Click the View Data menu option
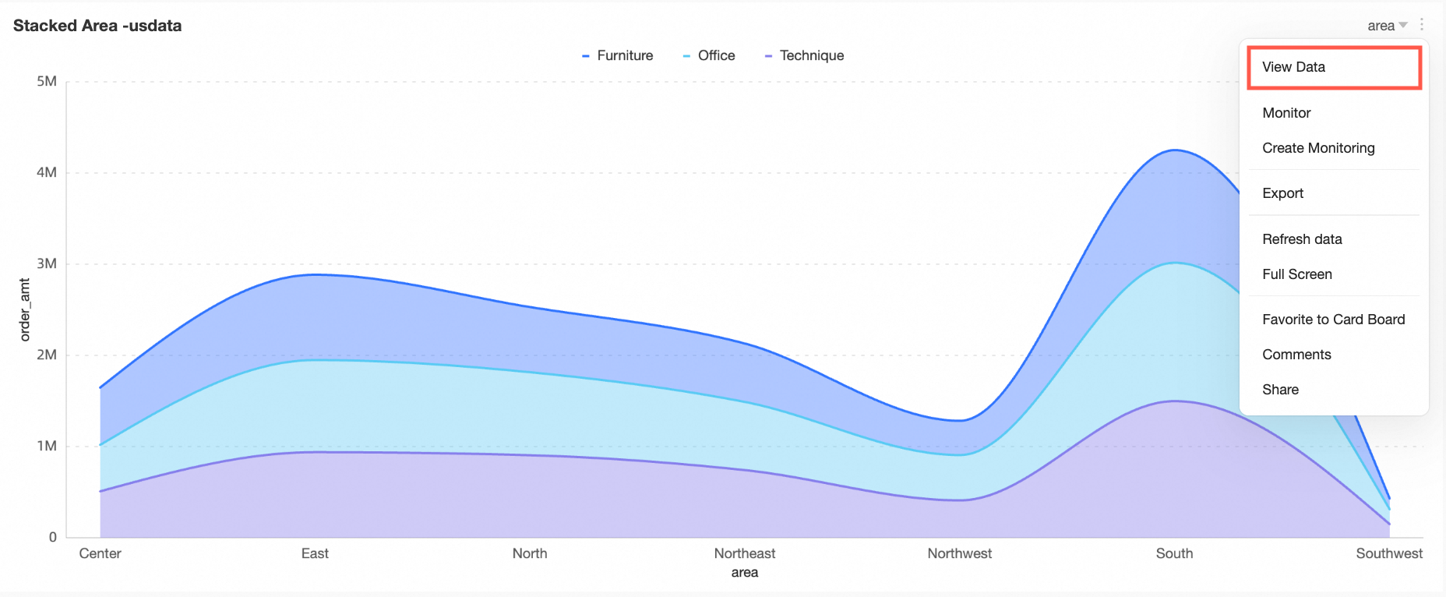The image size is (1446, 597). [x=1293, y=67]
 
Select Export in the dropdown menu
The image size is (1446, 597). [x=1282, y=193]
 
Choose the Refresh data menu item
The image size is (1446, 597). [x=1302, y=239]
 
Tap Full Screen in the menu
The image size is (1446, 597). [x=1296, y=274]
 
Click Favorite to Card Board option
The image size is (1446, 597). [x=1333, y=320]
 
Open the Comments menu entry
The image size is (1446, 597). [x=1296, y=355]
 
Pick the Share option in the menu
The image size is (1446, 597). [x=1280, y=390]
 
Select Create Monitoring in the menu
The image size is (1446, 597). [x=1318, y=148]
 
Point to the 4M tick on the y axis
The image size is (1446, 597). [x=47, y=172]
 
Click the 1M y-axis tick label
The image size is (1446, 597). [x=47, y=446]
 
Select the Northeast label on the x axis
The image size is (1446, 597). [x=745, y=553]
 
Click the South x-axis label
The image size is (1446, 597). [x=1174, y=553]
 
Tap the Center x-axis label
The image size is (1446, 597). [x=100, y=553]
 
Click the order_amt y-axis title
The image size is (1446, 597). [x=25, y=309]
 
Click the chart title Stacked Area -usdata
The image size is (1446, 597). [x=97, y=26]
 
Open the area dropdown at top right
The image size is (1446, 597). [x=1387, y=26]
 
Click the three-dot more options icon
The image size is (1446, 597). [x=1422, y=24]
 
